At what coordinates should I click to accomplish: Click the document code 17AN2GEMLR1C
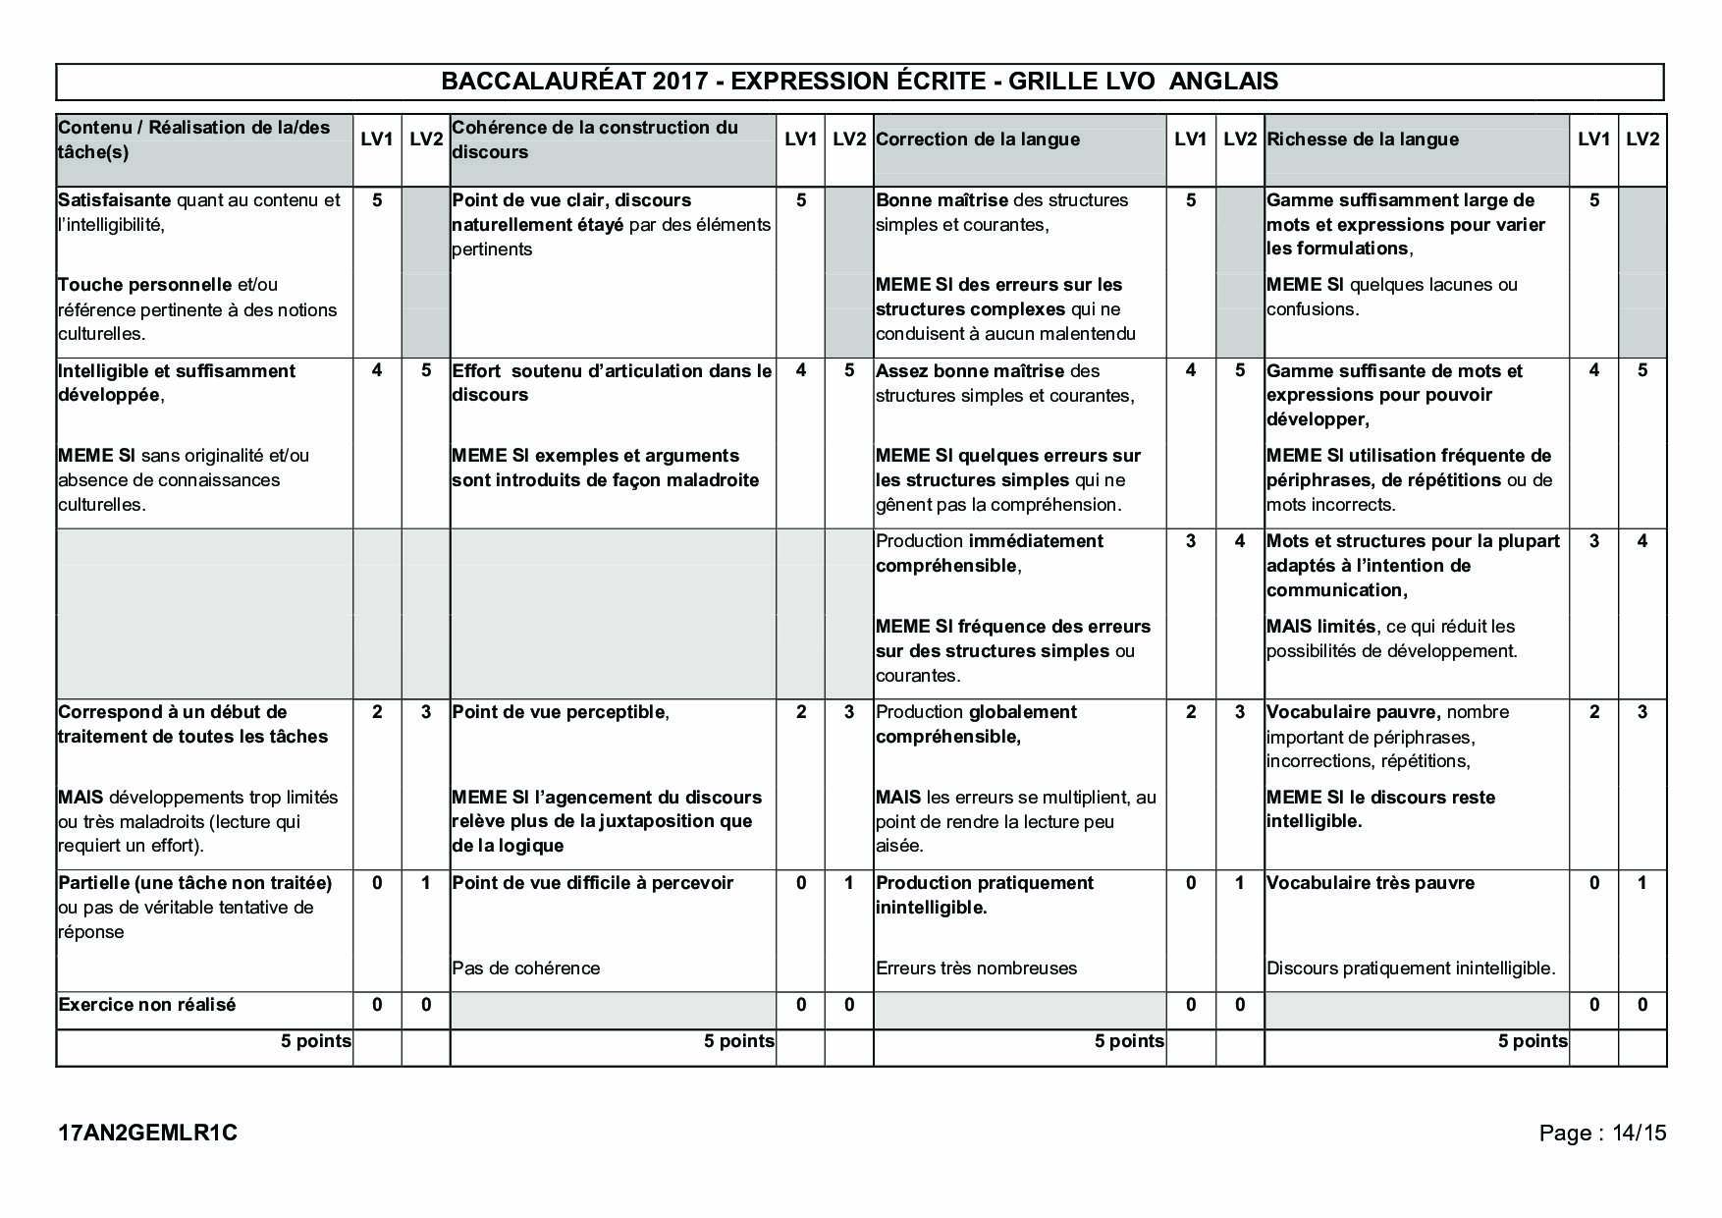point(147,1133)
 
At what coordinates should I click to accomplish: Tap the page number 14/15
point(1639,1133)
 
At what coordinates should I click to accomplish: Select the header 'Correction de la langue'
point(977,139)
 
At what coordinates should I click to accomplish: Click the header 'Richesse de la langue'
point(1362,139)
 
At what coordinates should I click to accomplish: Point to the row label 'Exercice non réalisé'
point(147,1005)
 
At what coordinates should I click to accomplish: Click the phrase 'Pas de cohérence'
point(525,969)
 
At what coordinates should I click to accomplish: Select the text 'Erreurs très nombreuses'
point(976,969)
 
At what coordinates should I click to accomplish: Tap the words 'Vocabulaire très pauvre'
point(1370,883)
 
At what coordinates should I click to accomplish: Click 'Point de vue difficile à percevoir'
point(592,883)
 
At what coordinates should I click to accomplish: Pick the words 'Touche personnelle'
point(144,285)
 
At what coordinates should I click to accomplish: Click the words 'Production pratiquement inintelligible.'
point(984,895)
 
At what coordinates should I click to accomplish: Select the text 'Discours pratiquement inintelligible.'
point(1410,969)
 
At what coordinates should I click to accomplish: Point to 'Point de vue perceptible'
point(559,712)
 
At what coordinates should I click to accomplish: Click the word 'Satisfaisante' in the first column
point(114,200)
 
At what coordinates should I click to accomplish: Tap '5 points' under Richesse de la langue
point(1532,1041)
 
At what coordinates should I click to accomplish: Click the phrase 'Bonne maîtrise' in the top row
point(942,200)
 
